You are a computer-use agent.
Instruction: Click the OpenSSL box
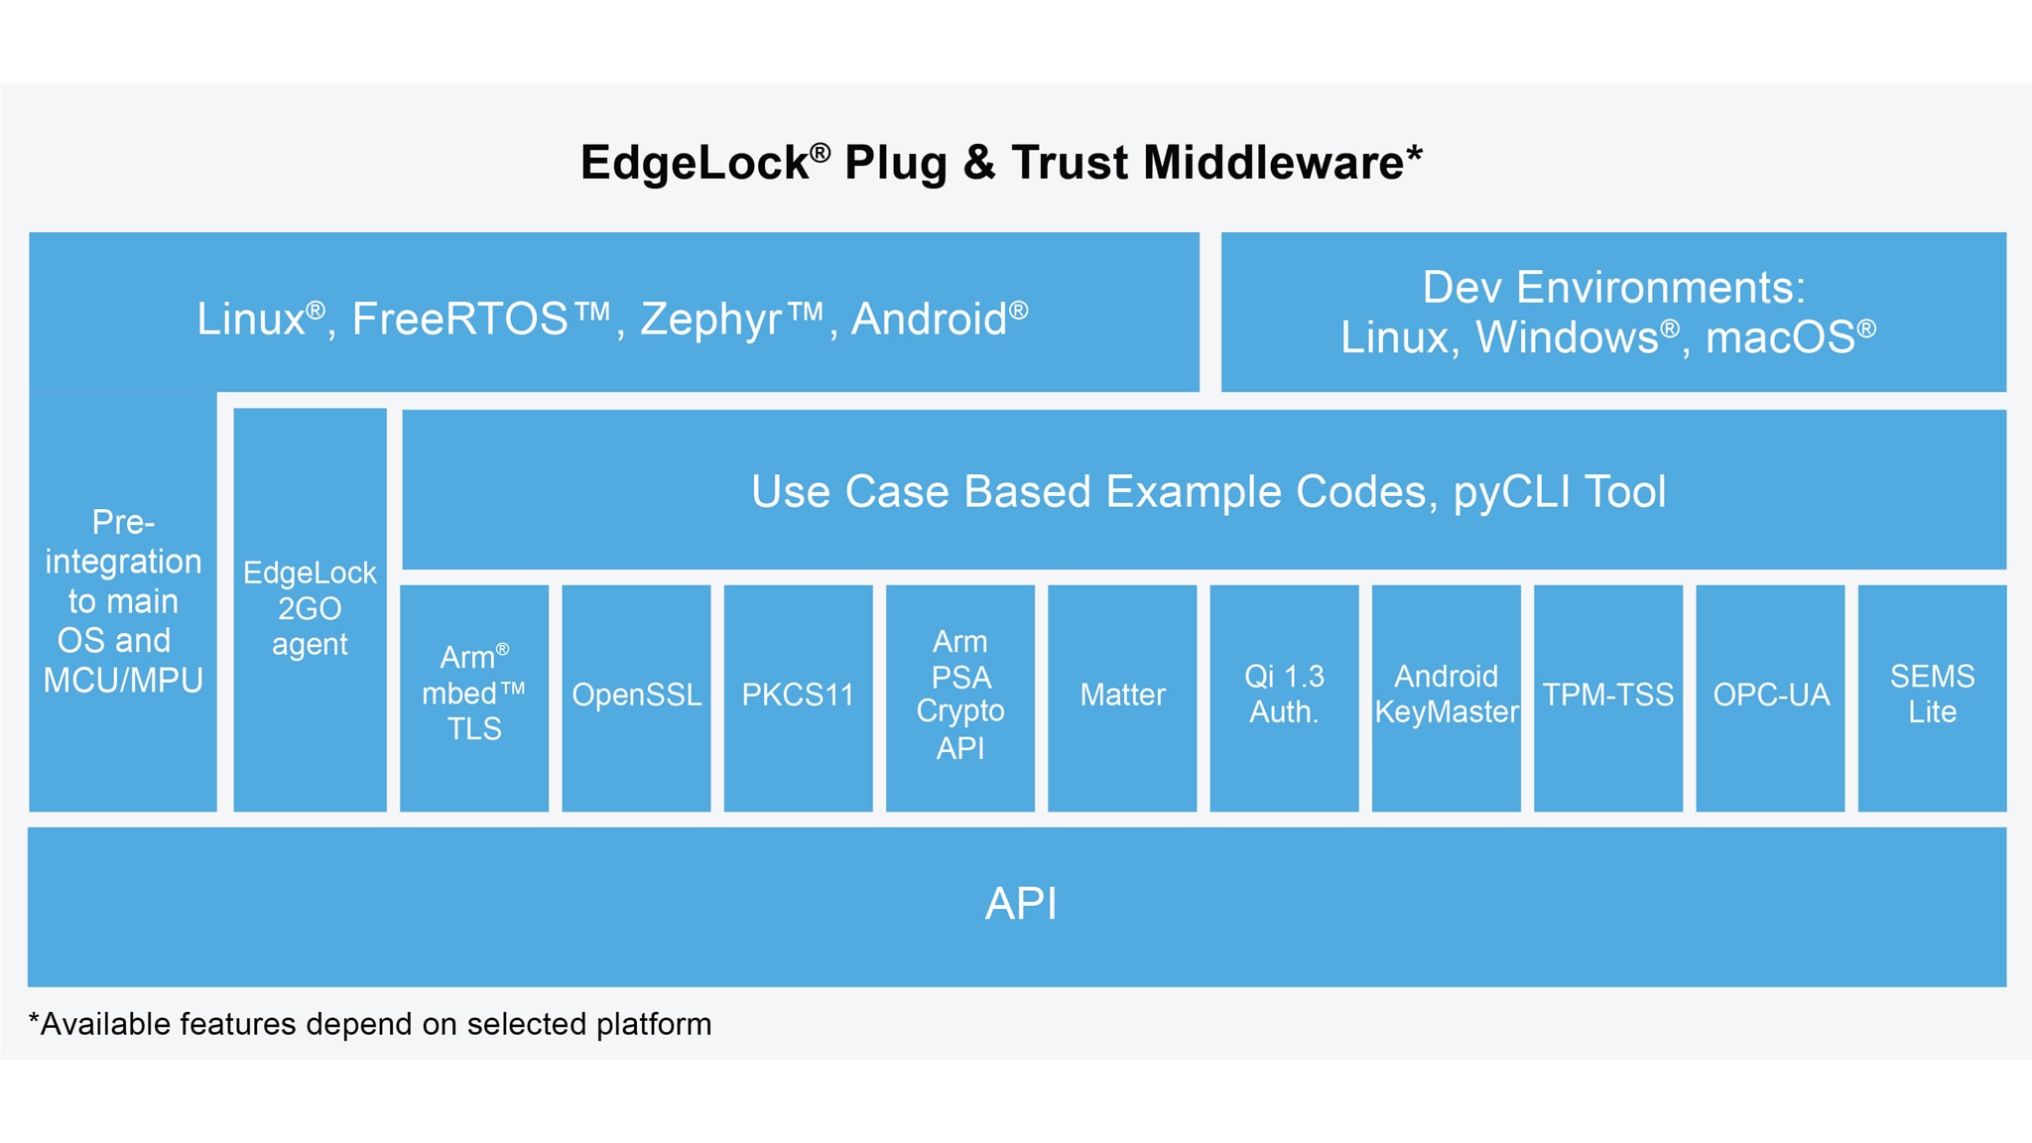pos(636,697)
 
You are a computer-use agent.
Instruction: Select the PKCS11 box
pos(798,697)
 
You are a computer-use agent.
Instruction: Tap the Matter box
pos(1122,697)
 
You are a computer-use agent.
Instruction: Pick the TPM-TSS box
pos(1607,697)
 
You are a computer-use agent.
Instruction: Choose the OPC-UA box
pos(1770,697)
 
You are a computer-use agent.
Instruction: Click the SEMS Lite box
pos(1932,697)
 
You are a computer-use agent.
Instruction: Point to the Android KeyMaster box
pos(1446,697)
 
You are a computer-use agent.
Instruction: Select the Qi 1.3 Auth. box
pos(1284,697)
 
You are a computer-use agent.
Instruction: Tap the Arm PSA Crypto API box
pos(959,697)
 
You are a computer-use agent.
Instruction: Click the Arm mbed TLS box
pos(474,697)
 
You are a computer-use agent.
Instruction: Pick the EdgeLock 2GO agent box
pos(310,609)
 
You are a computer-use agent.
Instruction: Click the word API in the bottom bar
pos(1021,904)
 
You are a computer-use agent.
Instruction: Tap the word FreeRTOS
pos(459,319)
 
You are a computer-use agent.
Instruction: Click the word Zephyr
pos(710,319)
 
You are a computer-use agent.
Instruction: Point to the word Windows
pos(1567,338)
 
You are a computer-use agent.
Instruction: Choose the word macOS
pos(1780,338)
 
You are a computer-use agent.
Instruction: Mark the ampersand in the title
pos(978,163)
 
